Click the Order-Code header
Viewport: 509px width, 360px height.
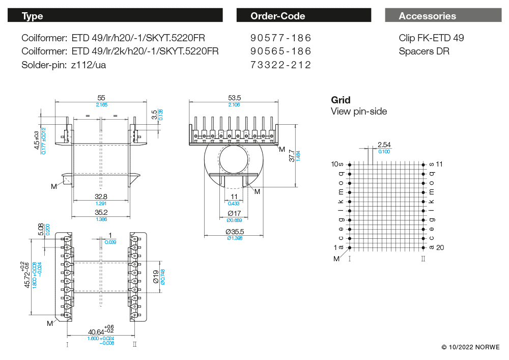click(x=278, y=16)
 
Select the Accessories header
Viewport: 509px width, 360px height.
click(x=428, y=16)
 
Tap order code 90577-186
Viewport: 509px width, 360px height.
click(x=280, y=38)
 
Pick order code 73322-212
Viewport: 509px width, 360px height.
click(x=280, y=65)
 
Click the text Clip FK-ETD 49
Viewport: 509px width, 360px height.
click(x=431, y=38)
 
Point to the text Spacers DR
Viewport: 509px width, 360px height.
click(x=424, y=51)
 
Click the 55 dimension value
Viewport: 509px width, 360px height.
click(x=101, y=97)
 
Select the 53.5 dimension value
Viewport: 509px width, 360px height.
click(x=235, y=97)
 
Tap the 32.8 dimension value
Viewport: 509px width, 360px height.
click(x=101, y=197)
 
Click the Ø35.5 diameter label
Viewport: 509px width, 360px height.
click(x=234, y=232)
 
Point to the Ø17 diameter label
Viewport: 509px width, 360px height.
click(x=234, y=213)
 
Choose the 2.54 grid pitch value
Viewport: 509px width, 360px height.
click(x=384, y=145)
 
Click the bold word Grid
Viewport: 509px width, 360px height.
click(x=341, y=100)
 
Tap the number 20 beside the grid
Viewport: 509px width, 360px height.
click(x=440, y=247)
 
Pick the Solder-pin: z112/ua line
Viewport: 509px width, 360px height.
click(x=64, y=65)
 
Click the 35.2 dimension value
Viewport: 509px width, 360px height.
click(x=101, y=213)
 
